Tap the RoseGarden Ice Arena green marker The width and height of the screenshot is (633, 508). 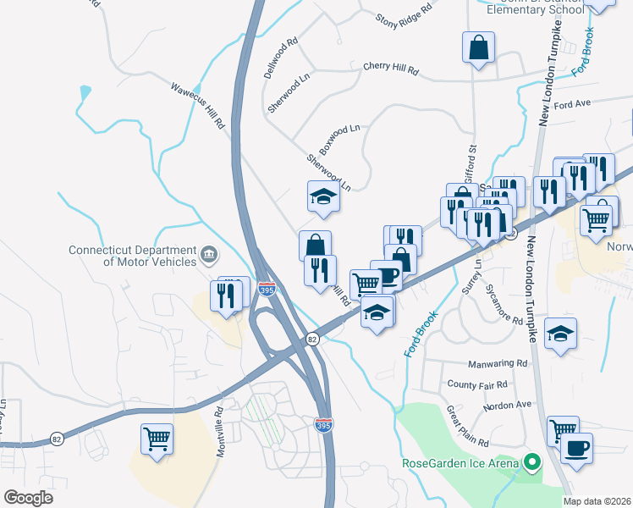(x=532, y=463)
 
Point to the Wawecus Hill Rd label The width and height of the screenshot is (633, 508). (x=199, y=106)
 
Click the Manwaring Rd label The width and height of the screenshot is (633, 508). (x=498, y=362)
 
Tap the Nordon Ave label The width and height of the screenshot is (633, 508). (x=507, y=405)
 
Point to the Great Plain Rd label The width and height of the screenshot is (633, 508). (x=467, y=426)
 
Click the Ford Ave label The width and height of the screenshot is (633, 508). (x=572, y=103)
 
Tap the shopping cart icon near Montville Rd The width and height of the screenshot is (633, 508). (x=157, y=439)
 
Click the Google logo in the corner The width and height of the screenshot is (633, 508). (x=29, y=497)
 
